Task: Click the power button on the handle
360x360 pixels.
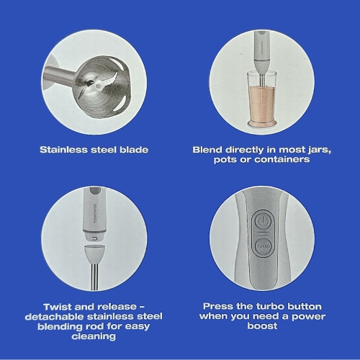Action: point(264,221)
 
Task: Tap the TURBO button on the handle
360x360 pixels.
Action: point(264,246)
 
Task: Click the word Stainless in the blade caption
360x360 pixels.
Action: point(63,150)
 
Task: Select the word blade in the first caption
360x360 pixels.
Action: point(134,150)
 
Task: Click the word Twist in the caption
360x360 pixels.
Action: point(57,307)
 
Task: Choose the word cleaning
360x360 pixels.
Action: point(94,336)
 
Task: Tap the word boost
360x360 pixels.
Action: point(262,326)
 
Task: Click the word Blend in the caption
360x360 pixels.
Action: point(207,150)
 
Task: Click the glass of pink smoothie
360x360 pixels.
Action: point(262,99)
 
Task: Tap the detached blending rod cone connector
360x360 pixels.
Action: point(94,254)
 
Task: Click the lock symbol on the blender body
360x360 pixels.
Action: point(95,238)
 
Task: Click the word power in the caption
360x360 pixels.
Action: point(308,317)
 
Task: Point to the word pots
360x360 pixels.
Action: point(225,160)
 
